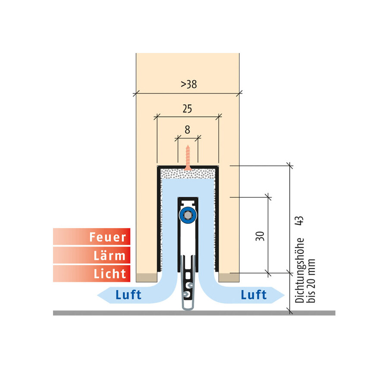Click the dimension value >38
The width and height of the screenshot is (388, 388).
click(x=189, y=84)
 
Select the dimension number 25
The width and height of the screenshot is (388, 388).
click(x=188, y=109)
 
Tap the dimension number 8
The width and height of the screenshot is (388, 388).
click(x=188, y=130)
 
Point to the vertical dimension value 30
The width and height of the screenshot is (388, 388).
click(x=260, y=236)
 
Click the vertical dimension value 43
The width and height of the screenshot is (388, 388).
click(x=300, y=220)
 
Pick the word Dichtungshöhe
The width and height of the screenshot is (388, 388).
click(x=300, y=270)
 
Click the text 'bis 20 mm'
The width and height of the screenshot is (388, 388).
click(x=311, y=281)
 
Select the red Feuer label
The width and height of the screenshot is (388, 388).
click(x=91, y=237)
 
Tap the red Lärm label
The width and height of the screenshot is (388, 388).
click(x=91, y=255)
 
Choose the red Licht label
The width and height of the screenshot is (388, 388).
click(x=91, y=273)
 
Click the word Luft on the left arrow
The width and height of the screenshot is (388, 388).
click(x=128, y=295)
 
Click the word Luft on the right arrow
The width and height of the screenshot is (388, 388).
click(x=253, y=295)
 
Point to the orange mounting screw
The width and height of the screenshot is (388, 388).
click(x=188, y=158)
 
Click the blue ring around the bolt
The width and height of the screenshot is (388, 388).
click(x=188, y=215)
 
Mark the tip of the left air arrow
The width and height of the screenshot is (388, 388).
click(x=97, y=295)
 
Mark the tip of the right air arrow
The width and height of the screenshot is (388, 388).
click(x=285, y=295)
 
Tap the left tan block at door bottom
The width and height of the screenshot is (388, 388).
click(x=147, y=277)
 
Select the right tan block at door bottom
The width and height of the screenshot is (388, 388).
click(x=229, y=277)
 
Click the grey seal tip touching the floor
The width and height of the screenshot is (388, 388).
click(x=188, y=308)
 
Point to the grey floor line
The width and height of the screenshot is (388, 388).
click(x=194, y=313)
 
